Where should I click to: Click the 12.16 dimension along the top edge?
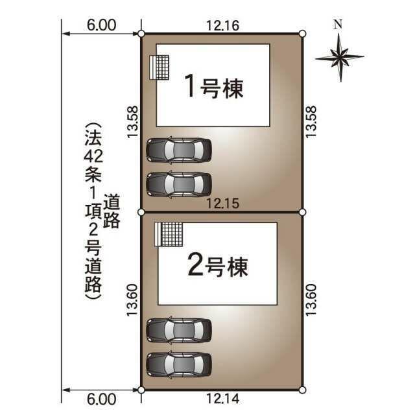[x=223, y=26]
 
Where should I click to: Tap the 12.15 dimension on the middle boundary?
[x=223, y=204]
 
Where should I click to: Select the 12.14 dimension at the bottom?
[x=223, y=398]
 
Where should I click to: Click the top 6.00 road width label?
[x=101, y=25]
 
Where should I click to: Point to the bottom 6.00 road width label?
[x=101, y=399]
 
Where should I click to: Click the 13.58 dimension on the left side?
[x=132, y=122]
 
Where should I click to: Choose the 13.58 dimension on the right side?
[x=311, y=122]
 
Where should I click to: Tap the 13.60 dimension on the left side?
[x=132, y=300]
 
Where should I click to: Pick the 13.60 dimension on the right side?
[x=311, y=300]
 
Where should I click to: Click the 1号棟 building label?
[x=214, y=86]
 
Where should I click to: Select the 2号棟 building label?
[x=218, y=265]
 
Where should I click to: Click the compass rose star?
[x=340, y=58]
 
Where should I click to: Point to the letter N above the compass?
[x=338, y=24]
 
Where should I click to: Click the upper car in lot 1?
[x=179, y=150]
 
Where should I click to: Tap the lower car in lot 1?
[x=179, y=184]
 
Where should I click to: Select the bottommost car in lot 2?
[x=179, y=364]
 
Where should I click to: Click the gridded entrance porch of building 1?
[x=160, y=67]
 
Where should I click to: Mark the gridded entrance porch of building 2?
[x=169, y=235]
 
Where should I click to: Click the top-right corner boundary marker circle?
[x=303, y=34]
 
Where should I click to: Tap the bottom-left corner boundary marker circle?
[x=141, y=390]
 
